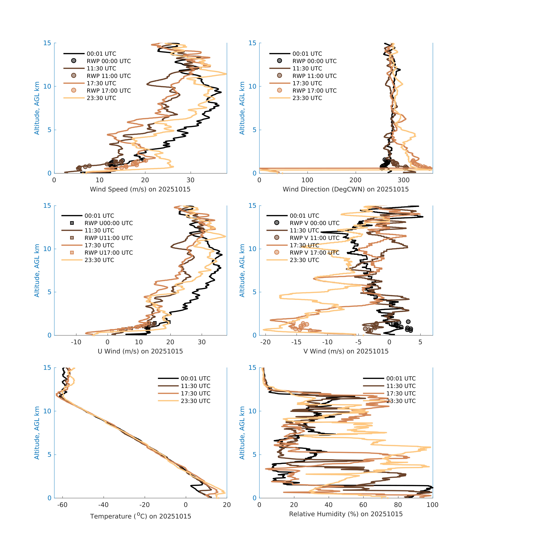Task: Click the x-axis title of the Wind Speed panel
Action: click(x=140, y=189)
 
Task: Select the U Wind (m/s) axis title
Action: click(x=140, y=351)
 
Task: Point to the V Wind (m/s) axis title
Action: click(x=346, y=351)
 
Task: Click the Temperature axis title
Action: click(x=140, y=516)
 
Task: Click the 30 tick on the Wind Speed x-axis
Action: click(x=190, y=180)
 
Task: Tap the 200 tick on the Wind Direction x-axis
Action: click(x=355, y=180)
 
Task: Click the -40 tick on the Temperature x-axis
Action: click(x=103, y=505)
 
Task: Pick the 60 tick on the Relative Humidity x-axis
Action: click(x=363, y=505)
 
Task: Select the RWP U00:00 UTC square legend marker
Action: click(x=72, y=223)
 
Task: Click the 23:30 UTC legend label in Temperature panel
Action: click(x=196, y=401)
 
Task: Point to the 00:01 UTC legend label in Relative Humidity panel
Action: click(x=401, y=378)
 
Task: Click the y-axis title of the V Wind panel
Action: click(x=242, y=270)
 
